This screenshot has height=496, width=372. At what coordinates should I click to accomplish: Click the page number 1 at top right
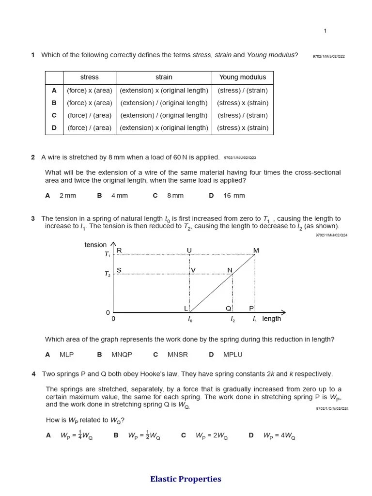tap(325, 31)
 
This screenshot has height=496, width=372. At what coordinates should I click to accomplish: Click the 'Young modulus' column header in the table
tap(242, 77)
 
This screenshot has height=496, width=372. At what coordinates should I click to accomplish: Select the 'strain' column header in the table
tap(164, 77)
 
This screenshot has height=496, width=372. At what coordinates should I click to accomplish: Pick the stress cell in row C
tap(89, 115)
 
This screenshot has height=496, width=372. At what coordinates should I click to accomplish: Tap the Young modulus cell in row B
tap(242, 103)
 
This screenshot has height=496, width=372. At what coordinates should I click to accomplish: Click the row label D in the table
tap(54, 128)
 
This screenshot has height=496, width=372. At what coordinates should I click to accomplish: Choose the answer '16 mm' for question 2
tap(234, 196)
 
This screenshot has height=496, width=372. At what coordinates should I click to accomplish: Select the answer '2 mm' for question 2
tap(67, 196)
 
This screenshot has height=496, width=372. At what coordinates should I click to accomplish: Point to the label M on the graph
tap(256, 250)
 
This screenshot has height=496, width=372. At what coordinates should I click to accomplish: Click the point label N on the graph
tap(230, 270)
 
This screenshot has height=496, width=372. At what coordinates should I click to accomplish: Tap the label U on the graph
tap(189, 250)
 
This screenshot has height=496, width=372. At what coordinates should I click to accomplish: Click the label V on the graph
tap(193, 270)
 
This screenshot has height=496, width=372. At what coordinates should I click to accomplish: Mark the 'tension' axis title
tap(95, 245)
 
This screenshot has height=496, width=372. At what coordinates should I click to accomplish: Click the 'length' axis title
tap(271, 319)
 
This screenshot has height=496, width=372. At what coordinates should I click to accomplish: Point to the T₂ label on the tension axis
tap(108, 274)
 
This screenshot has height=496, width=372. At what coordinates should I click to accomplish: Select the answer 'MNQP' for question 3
tap(122, 355)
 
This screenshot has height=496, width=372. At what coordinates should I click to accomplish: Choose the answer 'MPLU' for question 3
tap(232, 355)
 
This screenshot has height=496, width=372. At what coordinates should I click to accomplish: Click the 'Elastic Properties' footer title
tap(186, 479)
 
